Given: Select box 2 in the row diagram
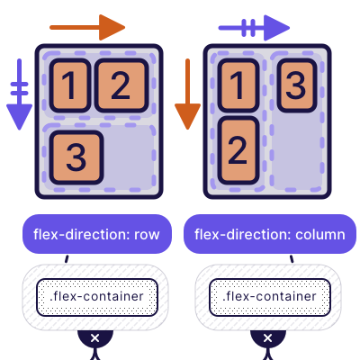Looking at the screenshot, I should coord(121,85).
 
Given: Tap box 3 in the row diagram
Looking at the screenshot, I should coord(76,157).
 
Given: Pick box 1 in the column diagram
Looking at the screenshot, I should coord(237,87).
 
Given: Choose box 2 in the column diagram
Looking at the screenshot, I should coord(237,145).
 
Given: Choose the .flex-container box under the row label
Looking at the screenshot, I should coord(97,296).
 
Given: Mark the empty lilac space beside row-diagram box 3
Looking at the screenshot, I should coord(131,155).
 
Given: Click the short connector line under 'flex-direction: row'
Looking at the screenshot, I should coord(66,259).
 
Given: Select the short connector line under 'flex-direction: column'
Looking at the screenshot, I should coord(292,259).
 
